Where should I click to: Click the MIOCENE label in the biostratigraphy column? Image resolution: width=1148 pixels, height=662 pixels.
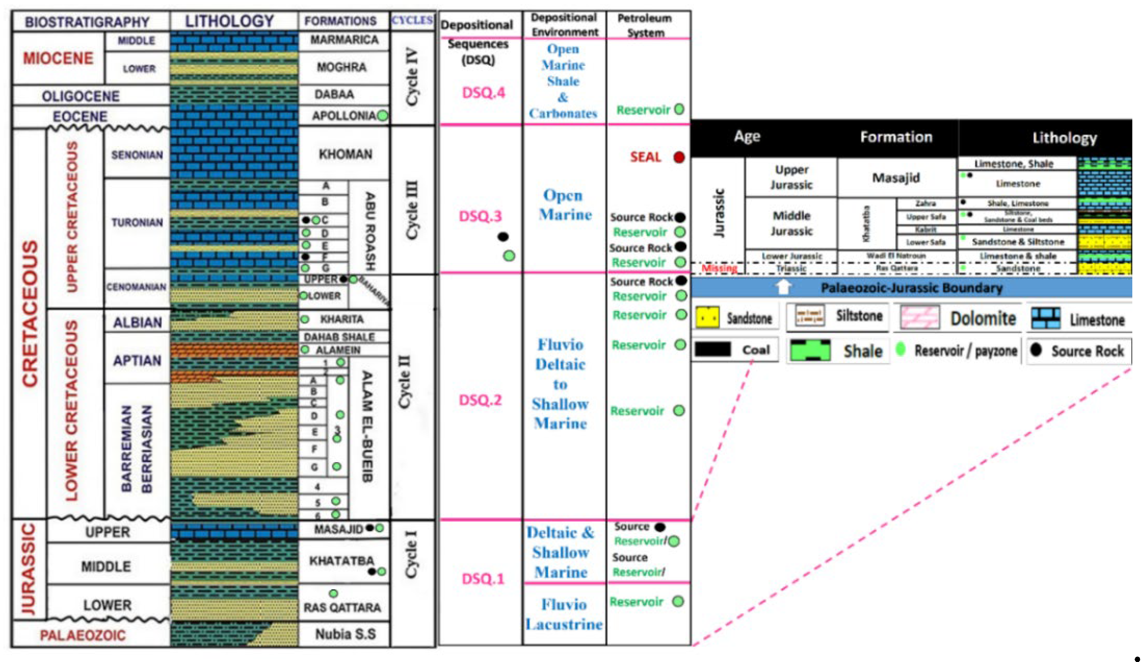tap(58, 58)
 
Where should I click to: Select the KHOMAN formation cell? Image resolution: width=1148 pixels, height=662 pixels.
tap(345, 154)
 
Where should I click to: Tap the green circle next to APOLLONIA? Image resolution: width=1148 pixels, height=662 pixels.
tap(383, 116)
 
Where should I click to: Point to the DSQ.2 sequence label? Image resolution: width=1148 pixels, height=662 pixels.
tap(480, 400)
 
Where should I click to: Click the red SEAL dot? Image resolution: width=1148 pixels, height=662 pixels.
tap(679, 157)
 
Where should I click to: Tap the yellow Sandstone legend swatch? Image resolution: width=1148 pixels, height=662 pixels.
tap(707, 318)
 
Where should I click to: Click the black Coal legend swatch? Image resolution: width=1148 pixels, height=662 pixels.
tap(713, 350)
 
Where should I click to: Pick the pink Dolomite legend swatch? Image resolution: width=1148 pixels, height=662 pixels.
tap(920, 318)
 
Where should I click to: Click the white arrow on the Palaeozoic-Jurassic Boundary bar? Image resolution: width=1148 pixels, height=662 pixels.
tap(784, 287)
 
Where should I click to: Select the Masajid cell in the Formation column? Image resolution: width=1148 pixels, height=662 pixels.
tap(896, 178)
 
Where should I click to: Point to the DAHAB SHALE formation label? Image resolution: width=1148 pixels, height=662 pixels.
tap(339, 337)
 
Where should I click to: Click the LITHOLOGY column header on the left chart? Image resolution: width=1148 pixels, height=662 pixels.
tap(230, 21)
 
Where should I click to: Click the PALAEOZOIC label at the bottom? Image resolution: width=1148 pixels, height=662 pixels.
tap(83, 635)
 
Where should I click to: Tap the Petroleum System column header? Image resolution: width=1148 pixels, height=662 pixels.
tap(645, 25)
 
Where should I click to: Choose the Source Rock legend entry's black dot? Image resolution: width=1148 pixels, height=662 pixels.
tap(1036, 350)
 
